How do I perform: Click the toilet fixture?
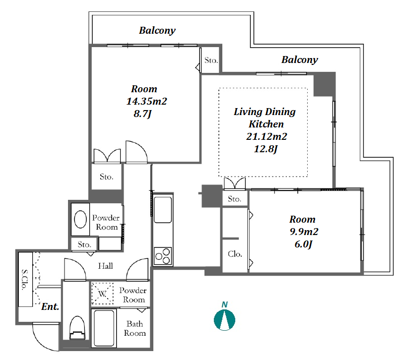77,328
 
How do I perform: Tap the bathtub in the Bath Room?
104,328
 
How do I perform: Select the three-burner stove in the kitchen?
163,256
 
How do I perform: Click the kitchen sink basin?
163,210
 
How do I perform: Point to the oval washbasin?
80,219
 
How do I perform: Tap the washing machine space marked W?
102,294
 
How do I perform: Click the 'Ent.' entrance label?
50,306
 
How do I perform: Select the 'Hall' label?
105,266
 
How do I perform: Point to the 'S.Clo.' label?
25,280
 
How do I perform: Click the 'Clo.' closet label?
235,254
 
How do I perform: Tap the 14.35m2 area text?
147,101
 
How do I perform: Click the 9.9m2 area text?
304,232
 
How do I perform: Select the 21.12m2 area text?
267,136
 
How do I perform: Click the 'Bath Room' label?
134,328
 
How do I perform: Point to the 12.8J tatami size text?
266,149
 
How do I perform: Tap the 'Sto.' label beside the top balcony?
211,60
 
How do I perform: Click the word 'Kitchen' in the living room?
266,124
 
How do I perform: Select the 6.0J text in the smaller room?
303,244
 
